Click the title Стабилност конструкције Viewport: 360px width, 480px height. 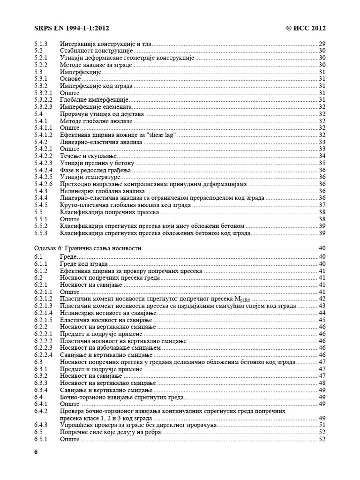click(x=96, y=51)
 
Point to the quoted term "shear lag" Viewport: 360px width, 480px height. click(x=161, y=135)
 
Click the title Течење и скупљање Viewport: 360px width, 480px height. click(x=88, y=156)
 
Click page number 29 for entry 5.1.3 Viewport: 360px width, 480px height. click(x=322, y=44)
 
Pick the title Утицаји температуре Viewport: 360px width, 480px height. click(x=90, y=177)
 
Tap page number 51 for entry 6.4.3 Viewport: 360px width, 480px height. click(x=322, y=425)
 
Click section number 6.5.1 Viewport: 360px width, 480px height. click(x=41, y=439)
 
